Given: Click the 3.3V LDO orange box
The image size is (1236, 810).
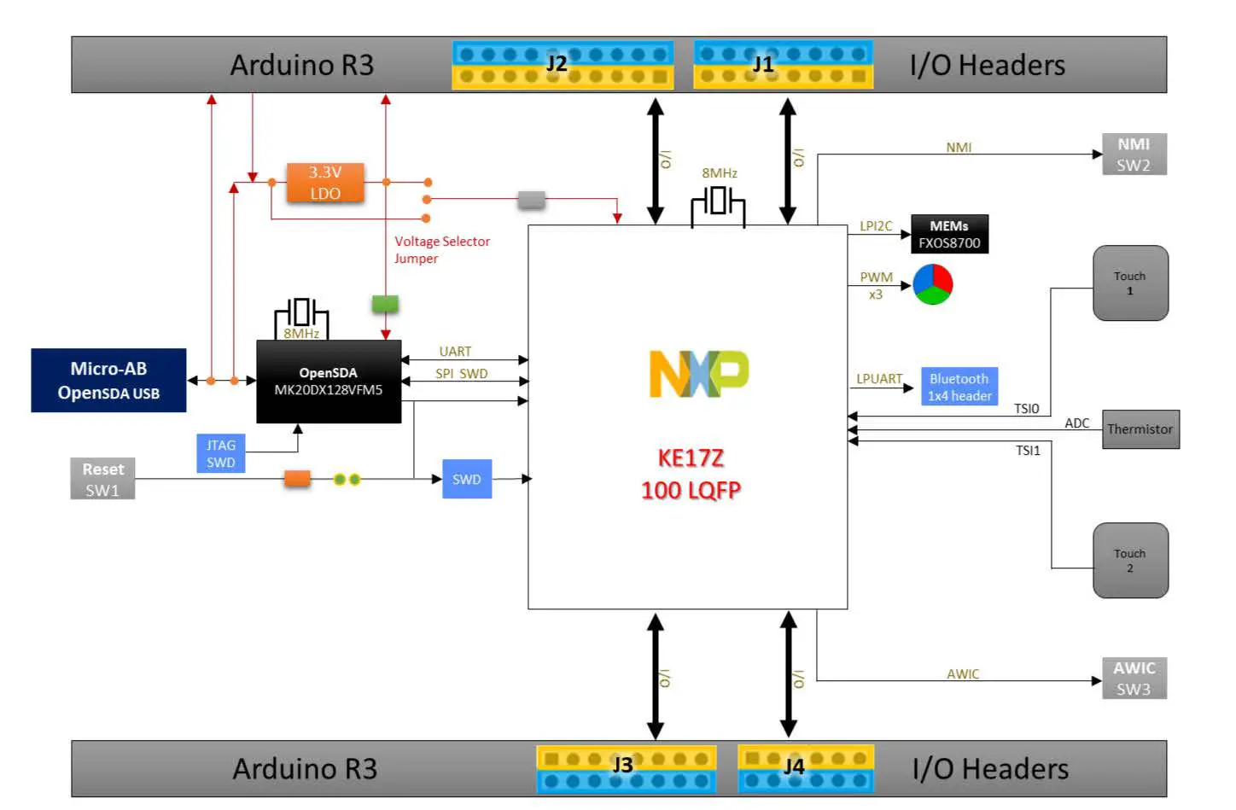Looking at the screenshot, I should click(325, 183).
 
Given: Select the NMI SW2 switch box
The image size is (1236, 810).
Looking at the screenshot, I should click(1134, 154).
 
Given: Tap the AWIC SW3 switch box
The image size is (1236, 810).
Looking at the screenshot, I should click(1134, 679).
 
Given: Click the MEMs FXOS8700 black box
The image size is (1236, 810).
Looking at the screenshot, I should click(949, 234).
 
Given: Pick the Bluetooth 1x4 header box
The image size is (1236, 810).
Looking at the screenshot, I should click(959, 387).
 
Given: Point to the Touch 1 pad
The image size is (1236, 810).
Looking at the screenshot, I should click(1130, 283).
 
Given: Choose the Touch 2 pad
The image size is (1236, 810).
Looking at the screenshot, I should click(1130, 561).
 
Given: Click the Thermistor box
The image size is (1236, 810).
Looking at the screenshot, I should click(1140, 429).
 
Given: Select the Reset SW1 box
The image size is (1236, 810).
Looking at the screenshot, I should click(102, 479).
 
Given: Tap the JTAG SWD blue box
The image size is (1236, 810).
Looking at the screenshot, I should click(220, 453).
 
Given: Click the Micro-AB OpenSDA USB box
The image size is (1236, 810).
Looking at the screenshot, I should click(108, 381).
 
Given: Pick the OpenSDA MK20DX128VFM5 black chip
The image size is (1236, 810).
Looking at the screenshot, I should click(329, 382).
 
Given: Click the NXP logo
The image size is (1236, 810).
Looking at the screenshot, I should click(699, 374).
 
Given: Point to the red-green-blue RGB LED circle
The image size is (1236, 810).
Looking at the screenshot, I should click(932, 284).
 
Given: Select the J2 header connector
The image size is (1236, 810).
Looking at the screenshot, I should click(563, 65).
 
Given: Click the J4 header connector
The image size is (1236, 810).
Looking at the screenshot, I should click(805, 767).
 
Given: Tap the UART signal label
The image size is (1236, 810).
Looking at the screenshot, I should click(455, 352).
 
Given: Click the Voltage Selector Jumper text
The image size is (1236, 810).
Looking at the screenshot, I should click(441, 250).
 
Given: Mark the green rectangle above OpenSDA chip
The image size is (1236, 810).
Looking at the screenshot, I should click(385, 304).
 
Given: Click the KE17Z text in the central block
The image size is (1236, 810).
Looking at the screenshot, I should click(691, 458).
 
